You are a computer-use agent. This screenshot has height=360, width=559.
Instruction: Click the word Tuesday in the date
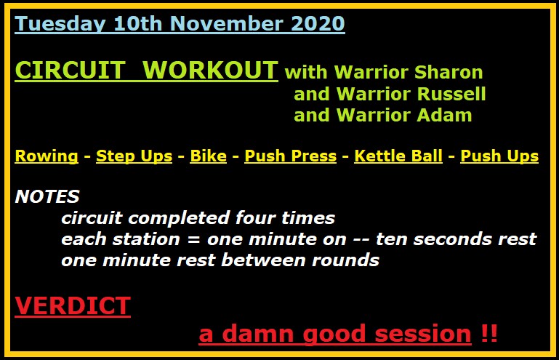coord(60,24)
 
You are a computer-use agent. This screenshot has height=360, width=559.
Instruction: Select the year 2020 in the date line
coord(318,23)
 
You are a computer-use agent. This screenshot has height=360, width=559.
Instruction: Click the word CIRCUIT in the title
coord(70,70)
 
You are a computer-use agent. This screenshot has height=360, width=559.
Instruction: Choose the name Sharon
coord(449,72)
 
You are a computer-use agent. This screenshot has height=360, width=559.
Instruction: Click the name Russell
coord(451,94)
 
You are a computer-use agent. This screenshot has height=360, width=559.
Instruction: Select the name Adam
coord(444,115)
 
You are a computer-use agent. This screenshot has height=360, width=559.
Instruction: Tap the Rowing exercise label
coord(47,156)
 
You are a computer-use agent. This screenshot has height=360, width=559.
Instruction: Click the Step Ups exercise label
coord(134,156)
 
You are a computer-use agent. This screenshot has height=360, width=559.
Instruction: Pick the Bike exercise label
coord(208,156)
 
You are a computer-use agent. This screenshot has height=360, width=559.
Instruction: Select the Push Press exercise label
coord(290,156)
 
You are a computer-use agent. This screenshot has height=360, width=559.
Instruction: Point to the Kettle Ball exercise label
coord(398,156)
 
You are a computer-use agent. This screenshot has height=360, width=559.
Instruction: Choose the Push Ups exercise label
coord(499,156)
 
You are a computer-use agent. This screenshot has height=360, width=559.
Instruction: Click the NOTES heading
coord(47,196)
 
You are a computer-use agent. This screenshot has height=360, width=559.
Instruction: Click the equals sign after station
coord(193,239)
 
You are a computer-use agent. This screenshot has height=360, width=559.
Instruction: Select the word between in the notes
coord(263,260)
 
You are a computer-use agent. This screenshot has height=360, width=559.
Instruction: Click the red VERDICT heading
coord(73,305)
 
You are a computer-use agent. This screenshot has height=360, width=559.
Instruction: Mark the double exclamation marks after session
coord(488,334)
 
